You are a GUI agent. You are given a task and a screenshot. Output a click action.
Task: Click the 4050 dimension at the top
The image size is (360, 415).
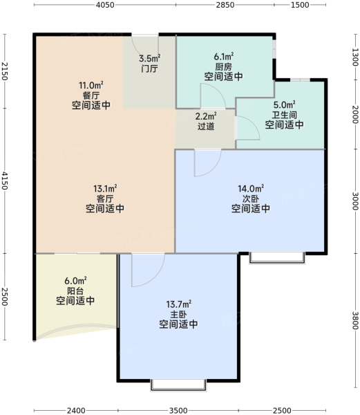105,5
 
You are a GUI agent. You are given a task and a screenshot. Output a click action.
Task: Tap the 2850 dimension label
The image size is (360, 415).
225,5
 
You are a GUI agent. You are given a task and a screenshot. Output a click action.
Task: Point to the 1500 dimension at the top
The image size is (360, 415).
300,5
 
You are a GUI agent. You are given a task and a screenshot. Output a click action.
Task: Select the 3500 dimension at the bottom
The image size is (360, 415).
178,410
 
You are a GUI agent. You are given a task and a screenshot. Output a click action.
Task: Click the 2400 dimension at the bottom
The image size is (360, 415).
76,410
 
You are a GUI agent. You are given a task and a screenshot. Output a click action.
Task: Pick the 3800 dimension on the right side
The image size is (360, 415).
355,320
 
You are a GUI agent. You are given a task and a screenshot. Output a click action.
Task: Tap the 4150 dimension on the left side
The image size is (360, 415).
5,181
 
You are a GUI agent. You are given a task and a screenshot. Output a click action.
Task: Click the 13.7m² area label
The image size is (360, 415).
179,304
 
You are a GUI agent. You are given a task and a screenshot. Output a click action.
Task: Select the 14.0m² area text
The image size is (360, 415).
251,188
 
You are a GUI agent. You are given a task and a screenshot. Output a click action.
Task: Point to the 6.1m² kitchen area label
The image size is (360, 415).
224,57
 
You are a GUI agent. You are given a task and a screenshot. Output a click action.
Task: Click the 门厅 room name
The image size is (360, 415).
150,68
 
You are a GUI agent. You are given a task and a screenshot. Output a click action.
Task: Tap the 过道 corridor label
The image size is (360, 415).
206,127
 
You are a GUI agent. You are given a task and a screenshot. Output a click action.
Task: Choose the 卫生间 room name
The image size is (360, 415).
285,115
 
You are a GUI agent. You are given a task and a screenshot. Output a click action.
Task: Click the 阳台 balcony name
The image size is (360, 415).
75,290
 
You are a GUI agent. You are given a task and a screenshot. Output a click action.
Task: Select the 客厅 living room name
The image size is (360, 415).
105,199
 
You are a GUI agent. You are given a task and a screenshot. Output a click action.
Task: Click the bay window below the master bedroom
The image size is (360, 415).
178,385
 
